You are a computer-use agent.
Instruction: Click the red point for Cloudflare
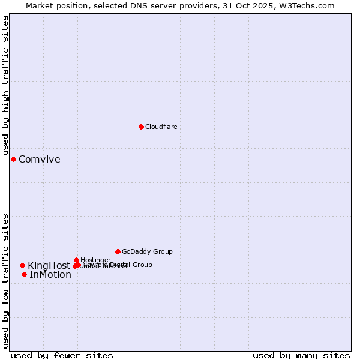point(141,127)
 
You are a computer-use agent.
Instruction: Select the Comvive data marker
point(13,159)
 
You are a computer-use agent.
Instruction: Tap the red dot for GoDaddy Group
point(118,251)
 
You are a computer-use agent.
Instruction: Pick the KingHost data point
point(22,265)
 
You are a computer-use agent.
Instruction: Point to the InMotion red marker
point(24,274)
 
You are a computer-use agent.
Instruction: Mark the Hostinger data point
point(76,260)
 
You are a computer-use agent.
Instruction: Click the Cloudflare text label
point(161,127)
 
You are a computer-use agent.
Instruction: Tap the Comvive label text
point(40,160)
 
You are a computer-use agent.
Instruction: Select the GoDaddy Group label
point(147,252)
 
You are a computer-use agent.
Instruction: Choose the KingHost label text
point(49,266)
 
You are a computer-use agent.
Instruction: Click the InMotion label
point(50,275)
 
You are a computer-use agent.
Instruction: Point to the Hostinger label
point(95,259)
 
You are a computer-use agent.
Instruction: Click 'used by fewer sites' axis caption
point(62,355)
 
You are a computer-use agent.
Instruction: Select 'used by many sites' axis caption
point(301,355)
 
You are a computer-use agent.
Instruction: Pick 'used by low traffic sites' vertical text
point(6,280)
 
